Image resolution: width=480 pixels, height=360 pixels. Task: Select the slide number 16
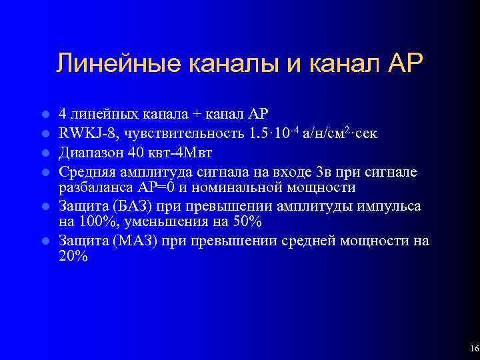474,349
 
